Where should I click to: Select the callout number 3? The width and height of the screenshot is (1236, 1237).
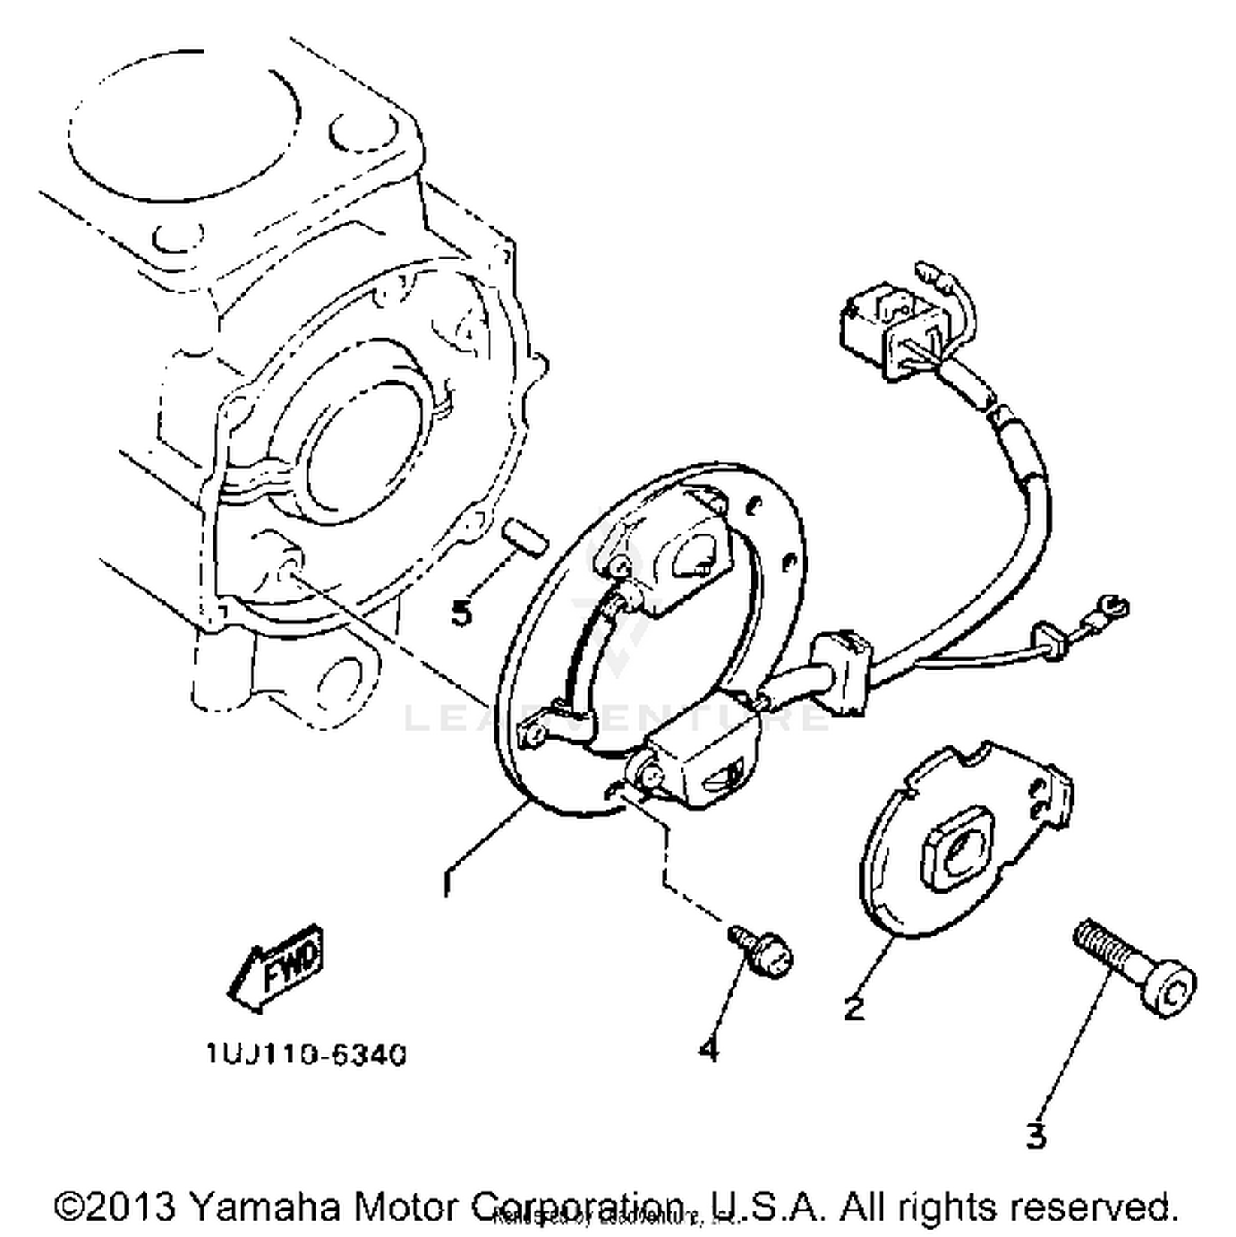(1036, 1137)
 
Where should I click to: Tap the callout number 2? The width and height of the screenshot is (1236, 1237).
(854, 1007)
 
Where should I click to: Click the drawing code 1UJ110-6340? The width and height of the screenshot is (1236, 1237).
(307, 1054)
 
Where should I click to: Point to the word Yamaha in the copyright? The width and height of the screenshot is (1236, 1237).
(265, 1207)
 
